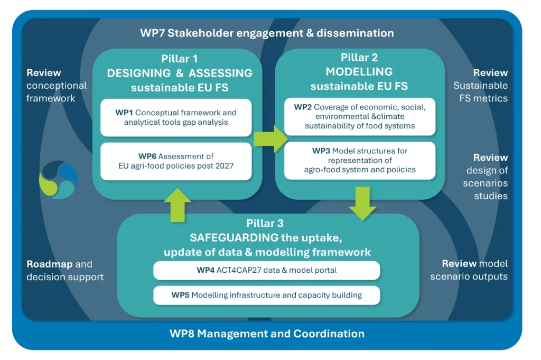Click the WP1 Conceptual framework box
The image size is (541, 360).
coord(176,118)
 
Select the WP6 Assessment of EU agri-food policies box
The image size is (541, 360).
coord(176,161)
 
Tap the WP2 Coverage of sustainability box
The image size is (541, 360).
coord(360,116)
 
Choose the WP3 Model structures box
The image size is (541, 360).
coord(360,160)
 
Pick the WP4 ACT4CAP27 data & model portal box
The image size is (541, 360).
coord(266,270)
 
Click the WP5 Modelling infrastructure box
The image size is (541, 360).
coord(266,295)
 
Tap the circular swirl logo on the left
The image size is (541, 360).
coord(59,180)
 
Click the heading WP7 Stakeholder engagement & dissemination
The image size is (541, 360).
coord(267,33)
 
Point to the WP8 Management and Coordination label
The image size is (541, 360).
coord(267,334)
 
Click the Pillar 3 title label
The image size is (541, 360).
coord(268,224)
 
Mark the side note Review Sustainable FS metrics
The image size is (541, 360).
coord(480,85)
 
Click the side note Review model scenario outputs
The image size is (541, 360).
coord(469,270)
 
